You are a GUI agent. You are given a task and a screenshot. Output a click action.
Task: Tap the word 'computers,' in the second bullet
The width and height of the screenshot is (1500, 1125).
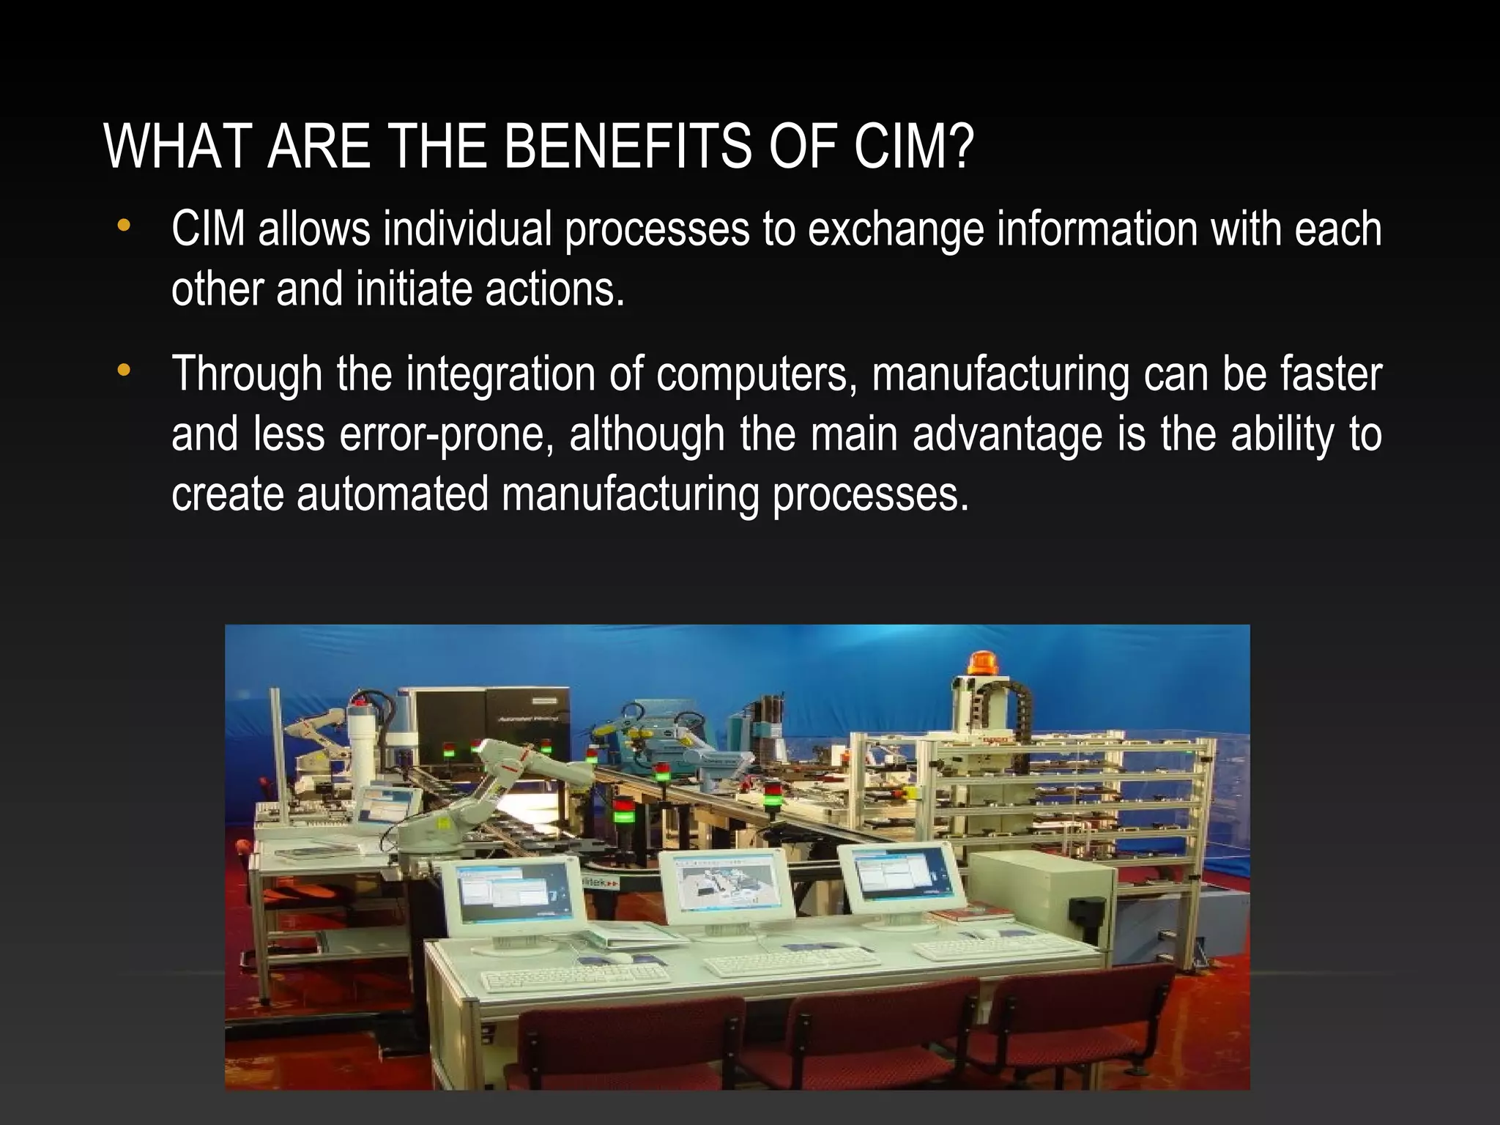(x=757, y=375)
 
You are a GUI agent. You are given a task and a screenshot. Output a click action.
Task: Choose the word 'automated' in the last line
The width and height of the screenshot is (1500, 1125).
(x=392, y=493)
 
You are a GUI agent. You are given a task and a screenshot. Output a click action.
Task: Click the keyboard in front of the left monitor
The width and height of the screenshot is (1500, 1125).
(x=576, y=977)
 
